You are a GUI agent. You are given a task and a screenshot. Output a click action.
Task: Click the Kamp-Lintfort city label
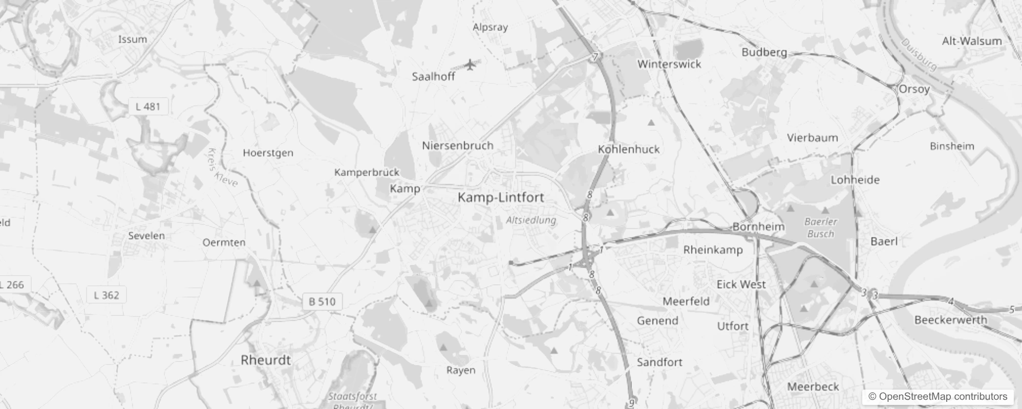click(x=500, y=197)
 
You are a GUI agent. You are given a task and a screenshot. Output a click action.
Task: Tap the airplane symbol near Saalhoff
click(x=470, y=65)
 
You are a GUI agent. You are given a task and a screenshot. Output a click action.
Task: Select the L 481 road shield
click(x=148, y=107)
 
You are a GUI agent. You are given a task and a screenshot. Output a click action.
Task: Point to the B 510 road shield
click(x=322, y=302)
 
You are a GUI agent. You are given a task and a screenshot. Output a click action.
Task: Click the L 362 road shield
click(x=107, y=295)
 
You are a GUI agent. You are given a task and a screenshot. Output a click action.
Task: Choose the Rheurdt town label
click(x=265, y=360)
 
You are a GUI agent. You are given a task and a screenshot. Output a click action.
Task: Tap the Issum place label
click(x=133, y=39)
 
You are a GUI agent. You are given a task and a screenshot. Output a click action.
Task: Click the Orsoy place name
click(x=914, y=89)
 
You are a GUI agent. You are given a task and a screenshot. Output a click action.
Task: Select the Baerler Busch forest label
click(x=820, y=228)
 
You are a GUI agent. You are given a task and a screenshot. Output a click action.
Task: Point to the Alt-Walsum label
click(x=971, y=41)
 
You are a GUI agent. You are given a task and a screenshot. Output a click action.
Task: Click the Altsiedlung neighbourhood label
click(x=530, y=220)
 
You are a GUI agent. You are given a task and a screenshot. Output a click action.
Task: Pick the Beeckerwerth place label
click(x=950, y=320)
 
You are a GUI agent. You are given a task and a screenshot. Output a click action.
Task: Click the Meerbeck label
click(x=813, y=387)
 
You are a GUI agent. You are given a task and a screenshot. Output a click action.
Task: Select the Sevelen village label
click(x=146, y=236)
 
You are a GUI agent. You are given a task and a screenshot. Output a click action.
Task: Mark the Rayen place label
click(x=461, y=370)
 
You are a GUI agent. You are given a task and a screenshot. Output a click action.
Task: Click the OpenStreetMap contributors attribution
click(x=938, y=397)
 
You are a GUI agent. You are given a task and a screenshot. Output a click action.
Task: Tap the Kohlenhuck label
click(x=629, y=149)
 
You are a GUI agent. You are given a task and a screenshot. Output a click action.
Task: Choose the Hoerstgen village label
click(x=268, y=153)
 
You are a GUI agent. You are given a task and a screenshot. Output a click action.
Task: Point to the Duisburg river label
click(x=919, y=55)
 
